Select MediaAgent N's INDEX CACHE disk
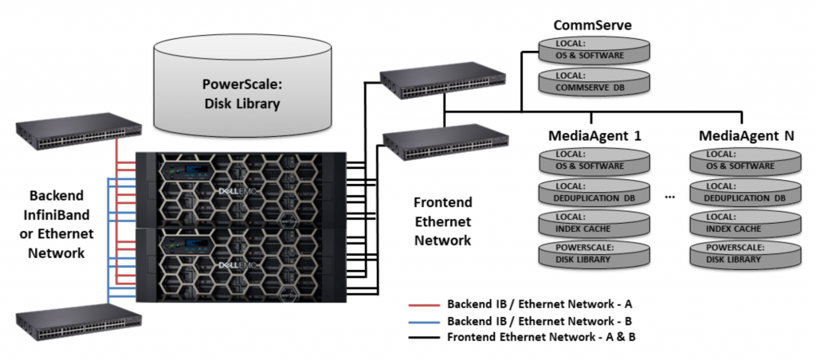(x=745, y=223)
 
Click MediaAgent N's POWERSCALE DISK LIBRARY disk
(x=745, y=254)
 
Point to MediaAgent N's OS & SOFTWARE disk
(x=745, y=161)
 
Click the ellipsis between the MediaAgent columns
(x=669, y=197)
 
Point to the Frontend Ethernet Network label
(x=443, y=221)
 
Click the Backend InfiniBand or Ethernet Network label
(x=61, y=224)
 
